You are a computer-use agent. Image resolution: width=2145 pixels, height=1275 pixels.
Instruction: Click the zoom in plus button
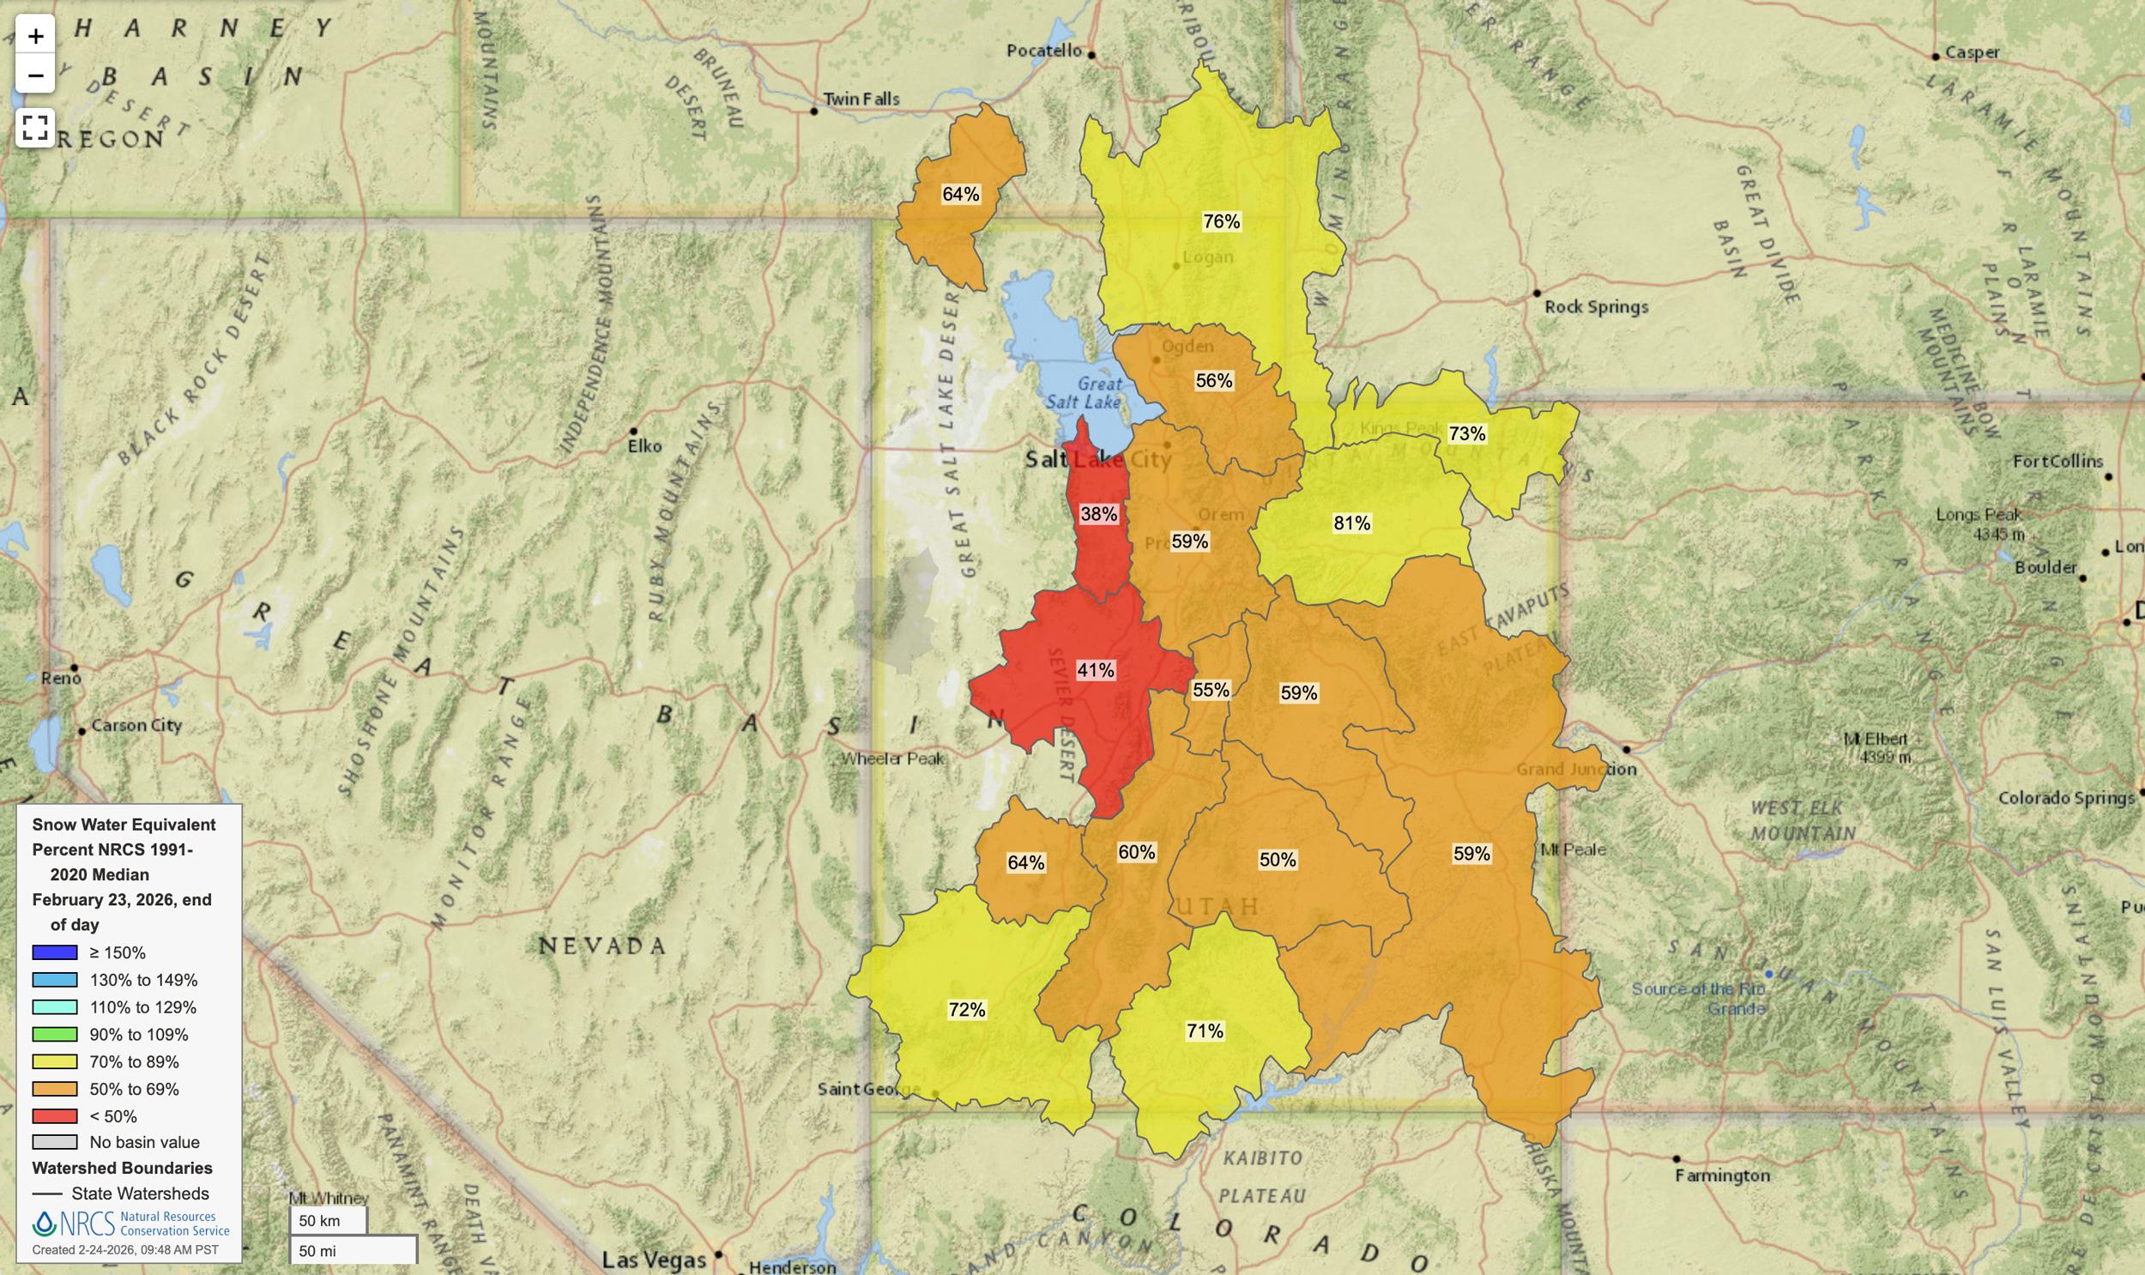pyautogui.click(x=35, y=36)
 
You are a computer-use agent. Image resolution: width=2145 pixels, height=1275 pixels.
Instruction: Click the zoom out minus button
pyautogui.click(x=35, y=76)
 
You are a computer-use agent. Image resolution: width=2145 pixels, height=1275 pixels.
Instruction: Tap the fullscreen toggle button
pyautogui.click(x=35, y=128)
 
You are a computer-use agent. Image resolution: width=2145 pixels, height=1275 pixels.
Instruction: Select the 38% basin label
pyautogui.click(x=1099, y=514)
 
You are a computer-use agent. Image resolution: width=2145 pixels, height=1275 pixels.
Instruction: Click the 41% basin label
pyautogui.click(x=1096, y=670)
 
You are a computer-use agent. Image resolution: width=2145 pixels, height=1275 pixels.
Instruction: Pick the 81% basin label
pyautogui.click(x=1351, y=523)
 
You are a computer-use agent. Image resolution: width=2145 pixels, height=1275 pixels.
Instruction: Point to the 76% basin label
pyautogui.click(x=1221, y=221)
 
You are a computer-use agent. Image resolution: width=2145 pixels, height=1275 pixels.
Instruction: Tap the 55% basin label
pyautogui.click(x=1211, y=690)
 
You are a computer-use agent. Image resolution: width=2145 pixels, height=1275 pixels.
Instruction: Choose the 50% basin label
pyautogui.click(x=1278, y=860)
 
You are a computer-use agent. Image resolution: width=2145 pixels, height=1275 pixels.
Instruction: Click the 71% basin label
pyautogui.click(x=1205, y=1031)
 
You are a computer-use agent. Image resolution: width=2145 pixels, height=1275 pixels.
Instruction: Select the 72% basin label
pyautogui.click(x=966, y=1010)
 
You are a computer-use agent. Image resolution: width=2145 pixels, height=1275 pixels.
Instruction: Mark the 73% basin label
pyautogui.click(x=1466, y=434)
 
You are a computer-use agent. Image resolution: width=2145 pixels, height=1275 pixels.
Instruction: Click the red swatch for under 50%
pyautogui.click(x=55, y=1116)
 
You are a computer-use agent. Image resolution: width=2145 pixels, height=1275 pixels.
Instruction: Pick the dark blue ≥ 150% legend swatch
pyautogui.click(x=55, y=952)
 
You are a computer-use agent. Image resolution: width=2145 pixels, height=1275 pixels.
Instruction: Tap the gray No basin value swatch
pyautogui.click(x=55, y=1142)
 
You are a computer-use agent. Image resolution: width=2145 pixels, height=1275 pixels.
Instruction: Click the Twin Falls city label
pyautogui.click(x=861, y=99)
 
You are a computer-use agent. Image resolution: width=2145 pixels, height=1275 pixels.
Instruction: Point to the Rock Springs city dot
pyautogui.click(x=1537, y=293)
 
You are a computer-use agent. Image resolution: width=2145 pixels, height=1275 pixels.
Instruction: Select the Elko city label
pyautogui.click(x=644, y=446)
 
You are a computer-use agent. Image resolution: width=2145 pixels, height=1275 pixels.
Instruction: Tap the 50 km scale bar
pyautogui.click(x=328, y=1220)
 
